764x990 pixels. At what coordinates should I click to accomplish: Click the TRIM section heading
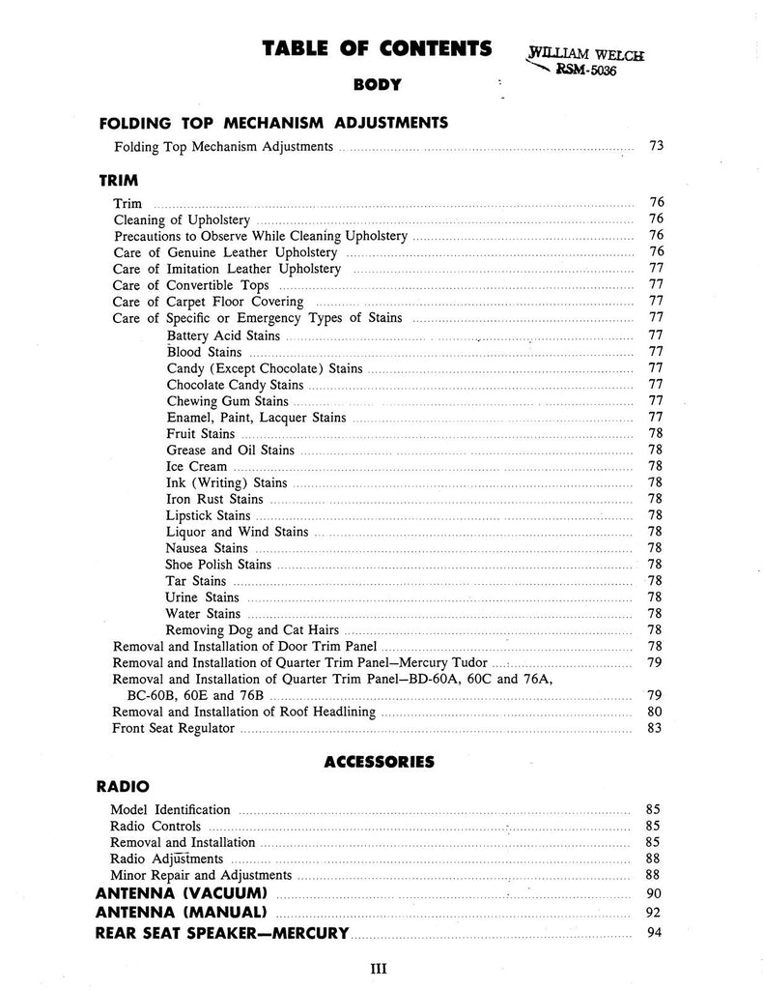(x=119, y=180)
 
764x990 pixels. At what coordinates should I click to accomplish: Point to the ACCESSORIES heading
(x=379, y=762)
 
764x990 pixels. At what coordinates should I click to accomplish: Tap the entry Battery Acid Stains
(x=223, y=335)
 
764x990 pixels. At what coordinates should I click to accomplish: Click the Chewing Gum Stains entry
(x=227, y=401)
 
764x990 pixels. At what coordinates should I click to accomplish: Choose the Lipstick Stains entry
(x=208, y=515)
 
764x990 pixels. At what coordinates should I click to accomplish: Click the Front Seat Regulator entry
(x=174, y=728)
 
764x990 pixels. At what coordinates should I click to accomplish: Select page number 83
(x=655, y=728)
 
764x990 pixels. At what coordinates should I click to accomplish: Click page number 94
(x=655, y=934)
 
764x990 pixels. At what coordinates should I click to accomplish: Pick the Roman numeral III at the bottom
(x=379, y=967)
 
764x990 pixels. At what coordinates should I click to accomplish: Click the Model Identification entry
(x=171, y=809)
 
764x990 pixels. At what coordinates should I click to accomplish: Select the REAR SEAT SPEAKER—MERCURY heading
(x=222, y=934)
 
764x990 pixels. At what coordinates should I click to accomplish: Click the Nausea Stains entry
(x=207, y=548)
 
